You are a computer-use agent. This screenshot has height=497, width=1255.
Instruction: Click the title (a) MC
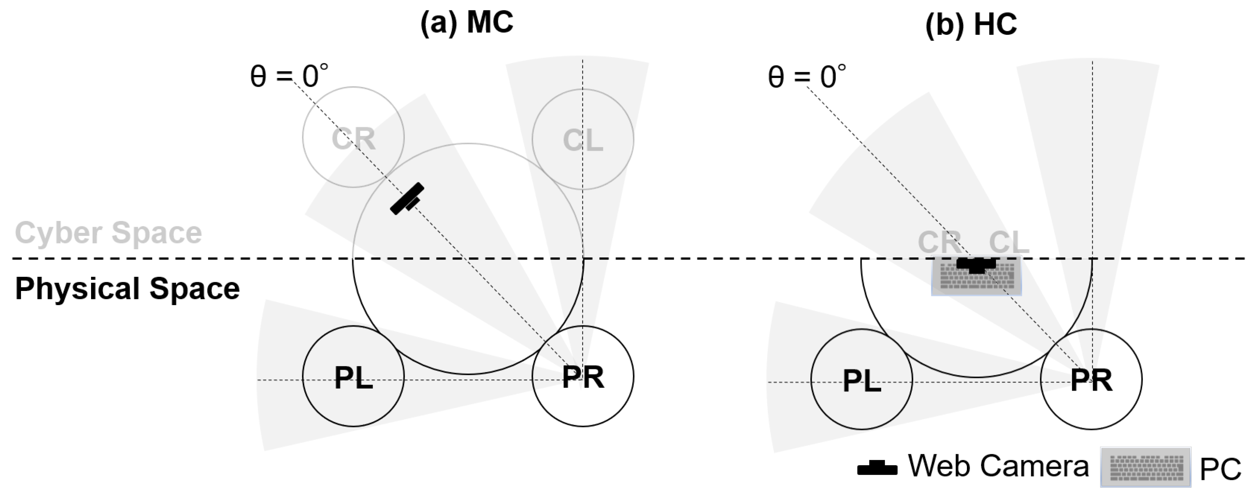click(466, 23)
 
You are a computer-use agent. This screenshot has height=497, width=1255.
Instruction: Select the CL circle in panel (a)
click(583, 139)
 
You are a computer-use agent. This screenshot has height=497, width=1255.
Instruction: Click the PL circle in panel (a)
click(353, 376)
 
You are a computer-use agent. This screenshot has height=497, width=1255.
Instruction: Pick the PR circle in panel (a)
click(583, 376)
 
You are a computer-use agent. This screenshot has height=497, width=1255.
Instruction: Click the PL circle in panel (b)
click(861, 379)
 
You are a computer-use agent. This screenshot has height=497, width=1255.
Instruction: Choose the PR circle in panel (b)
click(1091, 379)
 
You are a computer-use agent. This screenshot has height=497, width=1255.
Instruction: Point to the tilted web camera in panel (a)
click(407, 198)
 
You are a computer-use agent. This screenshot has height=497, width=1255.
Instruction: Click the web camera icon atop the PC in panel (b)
click(977, 264)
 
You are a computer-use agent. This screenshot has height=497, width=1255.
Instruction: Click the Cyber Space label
click(108, 233)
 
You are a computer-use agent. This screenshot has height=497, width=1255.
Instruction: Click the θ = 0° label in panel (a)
click(289, 76)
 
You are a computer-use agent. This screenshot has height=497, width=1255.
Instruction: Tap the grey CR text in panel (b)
click(939, 242)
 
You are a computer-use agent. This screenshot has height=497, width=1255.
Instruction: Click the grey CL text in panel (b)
click(1009, 242)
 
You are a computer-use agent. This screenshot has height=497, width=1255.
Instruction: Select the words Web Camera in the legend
click(998, 466)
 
